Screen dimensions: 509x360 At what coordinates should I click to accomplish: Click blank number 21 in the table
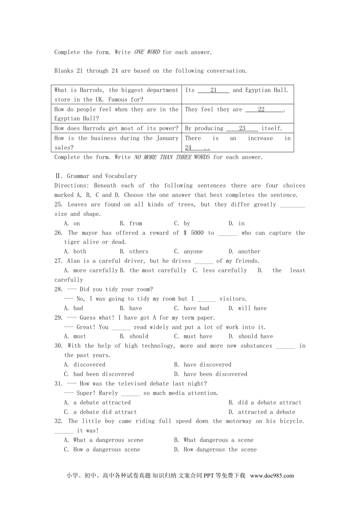click(214, 90)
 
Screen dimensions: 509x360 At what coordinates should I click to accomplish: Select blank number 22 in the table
click(261, 109)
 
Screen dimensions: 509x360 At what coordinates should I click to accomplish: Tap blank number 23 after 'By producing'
click(242, 128)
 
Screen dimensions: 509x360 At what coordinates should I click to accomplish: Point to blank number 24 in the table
click(189, 148)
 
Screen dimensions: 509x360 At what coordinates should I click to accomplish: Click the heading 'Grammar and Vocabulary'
click(102, 176)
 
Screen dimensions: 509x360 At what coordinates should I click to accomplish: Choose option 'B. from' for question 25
click(131, 223)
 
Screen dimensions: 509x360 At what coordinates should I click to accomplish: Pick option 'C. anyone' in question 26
click(188, 251)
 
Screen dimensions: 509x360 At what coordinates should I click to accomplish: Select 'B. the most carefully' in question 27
click(153, 270)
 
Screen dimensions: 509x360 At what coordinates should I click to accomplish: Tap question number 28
click(58, 289)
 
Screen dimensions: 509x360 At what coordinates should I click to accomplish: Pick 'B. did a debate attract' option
click(265, 403)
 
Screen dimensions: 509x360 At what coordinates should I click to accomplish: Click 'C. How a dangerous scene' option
click(102, 450)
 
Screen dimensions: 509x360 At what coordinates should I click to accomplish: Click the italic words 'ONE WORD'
click(147, 52)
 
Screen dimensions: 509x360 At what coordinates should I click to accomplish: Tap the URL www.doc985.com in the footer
click(272, 476)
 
